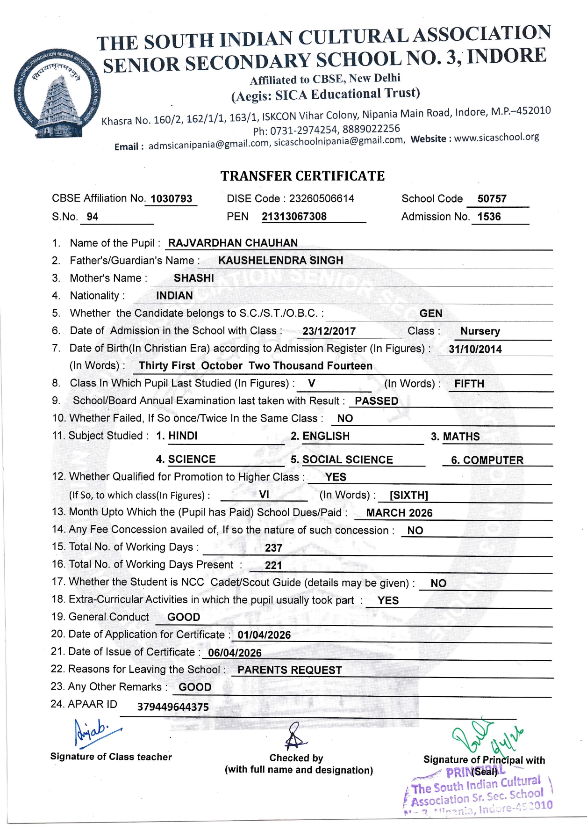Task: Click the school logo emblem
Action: pos(56,94)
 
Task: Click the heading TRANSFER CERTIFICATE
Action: pos(302,176)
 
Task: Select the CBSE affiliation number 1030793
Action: pos(171,199)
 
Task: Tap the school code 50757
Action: pos(492,199)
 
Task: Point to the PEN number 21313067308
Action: pos(294,217)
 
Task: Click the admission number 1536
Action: pos(489,217)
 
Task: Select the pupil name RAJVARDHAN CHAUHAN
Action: pos(233,243)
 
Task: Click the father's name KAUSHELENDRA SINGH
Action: pos(280,261)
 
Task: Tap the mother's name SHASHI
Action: pos(194,278)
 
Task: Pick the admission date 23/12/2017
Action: pos(329,331)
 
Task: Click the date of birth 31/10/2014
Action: pos(475,349)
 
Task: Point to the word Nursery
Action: pos(480,331)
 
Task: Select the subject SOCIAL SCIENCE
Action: pos(347,460)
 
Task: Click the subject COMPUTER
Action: pos(493,460)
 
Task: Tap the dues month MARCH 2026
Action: pos(399,513)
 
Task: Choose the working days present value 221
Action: pos(273,565)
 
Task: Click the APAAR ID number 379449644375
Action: pos(173,707)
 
